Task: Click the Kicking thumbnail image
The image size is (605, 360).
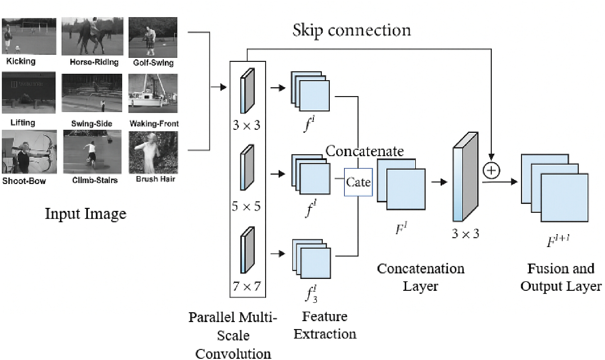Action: (x=29, y=36)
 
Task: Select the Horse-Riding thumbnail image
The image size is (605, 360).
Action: (x=92, y=36)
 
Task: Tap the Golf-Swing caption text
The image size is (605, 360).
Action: (x=153, y=63)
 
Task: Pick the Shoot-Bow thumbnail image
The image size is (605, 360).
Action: (x=29, y=152)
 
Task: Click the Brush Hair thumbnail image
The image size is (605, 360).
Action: (x=153, y=152)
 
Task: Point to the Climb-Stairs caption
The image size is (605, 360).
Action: (x=95, y=180)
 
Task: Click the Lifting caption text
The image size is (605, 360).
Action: (x=23, y=123)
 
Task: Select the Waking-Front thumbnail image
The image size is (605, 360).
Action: (x=153, y=93)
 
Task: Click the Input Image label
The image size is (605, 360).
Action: (x=86, y=214)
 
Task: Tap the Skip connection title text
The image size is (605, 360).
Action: (x=352, y=30)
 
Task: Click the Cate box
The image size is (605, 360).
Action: (x=358, y=182)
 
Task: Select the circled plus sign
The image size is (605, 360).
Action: (x=491, y=171)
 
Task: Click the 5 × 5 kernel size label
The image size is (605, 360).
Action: (x=246, y=206)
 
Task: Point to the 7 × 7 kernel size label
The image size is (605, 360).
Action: (x=247, y=287)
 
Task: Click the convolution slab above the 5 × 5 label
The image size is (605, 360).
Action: (x=247, y=167)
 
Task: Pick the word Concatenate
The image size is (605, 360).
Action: (x=364, y=151)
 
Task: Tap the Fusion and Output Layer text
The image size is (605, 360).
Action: (x=561, y=277)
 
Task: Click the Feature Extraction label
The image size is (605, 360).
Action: (x=325, y=325)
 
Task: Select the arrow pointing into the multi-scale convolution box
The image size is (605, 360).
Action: (x=219, y=87)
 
